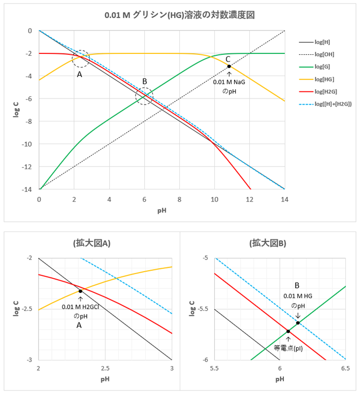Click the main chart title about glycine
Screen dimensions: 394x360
(179, 15)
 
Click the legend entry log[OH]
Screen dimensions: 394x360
(325, 54)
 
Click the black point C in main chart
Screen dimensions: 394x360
(229, 66)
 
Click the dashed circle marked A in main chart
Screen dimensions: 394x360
(81, 58)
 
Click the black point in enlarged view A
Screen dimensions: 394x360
(80, 291)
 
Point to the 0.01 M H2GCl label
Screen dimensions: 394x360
(80, 307)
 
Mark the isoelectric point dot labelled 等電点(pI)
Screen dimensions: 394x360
(288, 332)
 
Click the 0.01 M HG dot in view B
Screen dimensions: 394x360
(298, 323)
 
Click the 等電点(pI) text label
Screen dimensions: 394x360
(288, 348)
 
